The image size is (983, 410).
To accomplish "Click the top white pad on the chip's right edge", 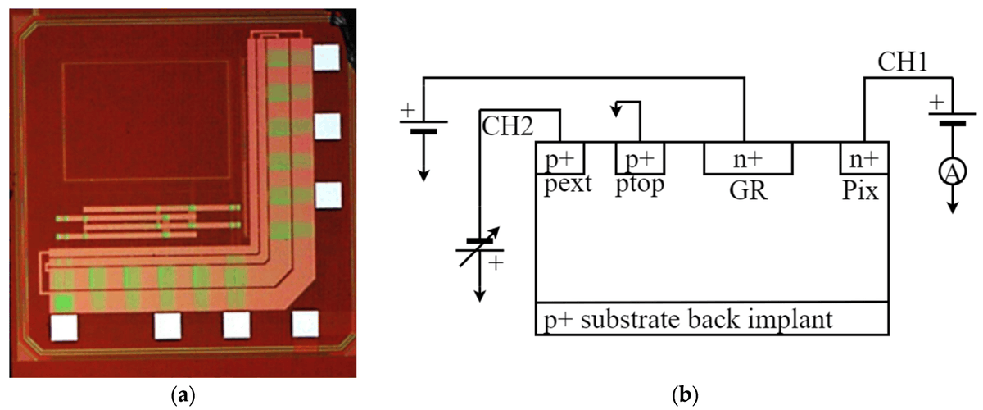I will point(326,57).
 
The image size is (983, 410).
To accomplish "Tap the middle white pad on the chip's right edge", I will point(326,126).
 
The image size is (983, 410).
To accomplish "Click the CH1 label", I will point(902,62).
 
